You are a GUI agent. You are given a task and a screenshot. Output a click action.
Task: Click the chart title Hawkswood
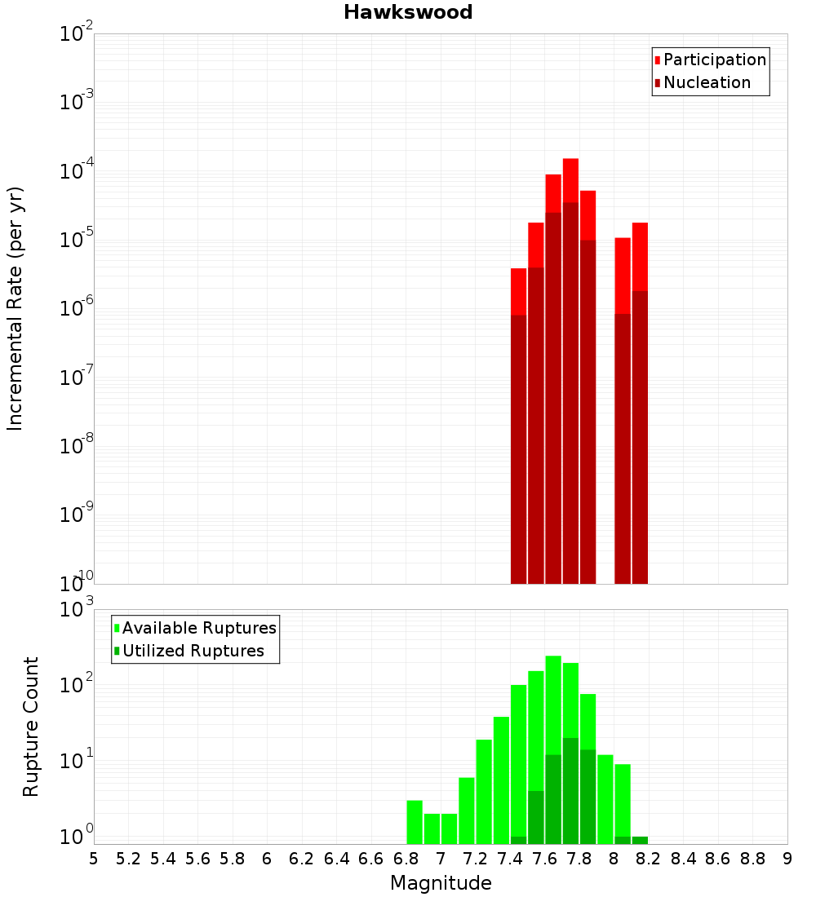pyautogui.click(x=408, y=12)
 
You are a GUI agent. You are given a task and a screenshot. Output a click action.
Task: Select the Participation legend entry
pyautogui.click(x=714, y=60)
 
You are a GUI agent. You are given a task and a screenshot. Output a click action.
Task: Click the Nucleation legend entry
pyautogui.click(x=707, y=82)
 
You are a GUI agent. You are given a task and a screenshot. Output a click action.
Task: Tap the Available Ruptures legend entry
pyautogui.click(x=198, y=628)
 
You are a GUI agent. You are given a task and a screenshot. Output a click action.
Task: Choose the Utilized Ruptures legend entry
pyautogui.click(x=193, y=651)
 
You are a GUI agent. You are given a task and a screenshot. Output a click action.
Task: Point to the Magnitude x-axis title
pyautogui.click(x=441, y=883)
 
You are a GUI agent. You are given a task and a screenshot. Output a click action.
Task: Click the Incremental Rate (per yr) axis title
pyautogui.click(x=15, y=308)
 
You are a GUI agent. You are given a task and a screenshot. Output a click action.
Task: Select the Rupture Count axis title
pyautogui.click(x=31, y=727)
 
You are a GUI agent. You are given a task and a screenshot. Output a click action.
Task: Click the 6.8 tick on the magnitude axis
pyautogui.click(x=406, y=859)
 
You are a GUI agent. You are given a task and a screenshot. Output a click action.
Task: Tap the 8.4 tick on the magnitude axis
pyautogui.click(x=684, y=859)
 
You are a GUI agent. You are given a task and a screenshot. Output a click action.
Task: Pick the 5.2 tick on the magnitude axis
pyautogui.click(x=128, y=859)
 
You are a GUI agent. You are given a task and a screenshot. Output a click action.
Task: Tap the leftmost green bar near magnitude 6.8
pyautogui.click(x=415, y=822)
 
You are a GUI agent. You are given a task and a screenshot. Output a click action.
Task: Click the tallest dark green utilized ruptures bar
pyautogui.click(x=570, y=791)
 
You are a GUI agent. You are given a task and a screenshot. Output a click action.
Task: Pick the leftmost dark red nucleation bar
pyautogui.click(x=518, y=448)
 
